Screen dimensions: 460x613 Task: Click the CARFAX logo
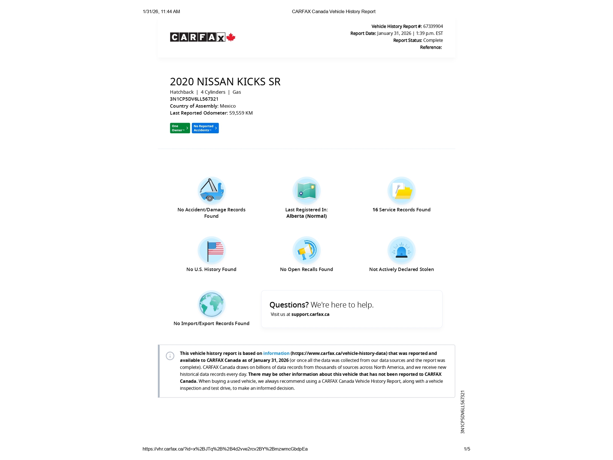click(198, 37)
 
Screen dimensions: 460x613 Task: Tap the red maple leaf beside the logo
click(231, 37)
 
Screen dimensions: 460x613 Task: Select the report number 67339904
click(433, 26)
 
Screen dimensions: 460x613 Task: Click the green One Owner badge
click(180, 128)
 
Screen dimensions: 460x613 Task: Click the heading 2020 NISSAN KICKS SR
click(225, 82)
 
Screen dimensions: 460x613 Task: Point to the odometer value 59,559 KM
click(241, 113)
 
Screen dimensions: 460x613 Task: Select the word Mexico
click(228, 106)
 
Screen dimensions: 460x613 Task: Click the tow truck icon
click(211, 190)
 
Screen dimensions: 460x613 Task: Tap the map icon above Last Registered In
click(306, 190)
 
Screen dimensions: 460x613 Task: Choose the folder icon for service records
click(401, 190)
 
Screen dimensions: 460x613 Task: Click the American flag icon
click(211, 250)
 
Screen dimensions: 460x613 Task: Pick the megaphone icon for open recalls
click(306, 250)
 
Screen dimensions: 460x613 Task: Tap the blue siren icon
click(401, 250)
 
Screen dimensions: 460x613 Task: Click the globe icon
click(211, 304)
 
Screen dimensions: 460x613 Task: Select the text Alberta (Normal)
click(306, 216)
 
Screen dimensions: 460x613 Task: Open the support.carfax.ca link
click(310, 314)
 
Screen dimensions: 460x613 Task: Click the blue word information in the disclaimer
click(276, 353)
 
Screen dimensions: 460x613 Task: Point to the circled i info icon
click(170, 356)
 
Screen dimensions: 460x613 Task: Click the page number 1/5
click(467, 449)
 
